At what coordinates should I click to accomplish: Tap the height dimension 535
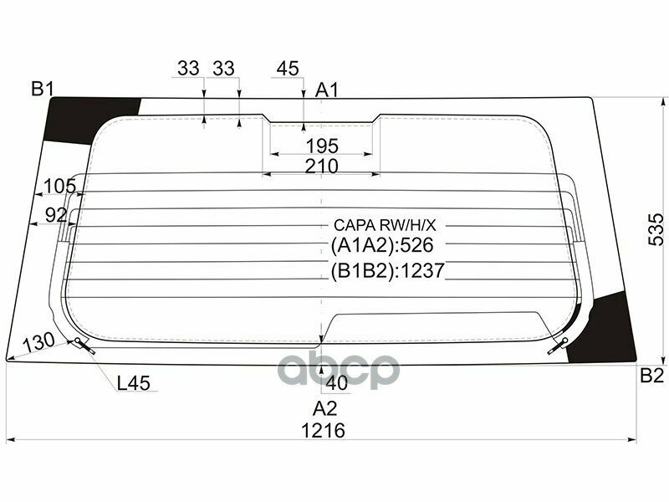(656, 228)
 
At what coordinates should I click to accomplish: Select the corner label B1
(43, 88)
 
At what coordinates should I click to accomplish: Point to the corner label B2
(651, 375)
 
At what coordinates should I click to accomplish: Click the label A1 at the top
(327, 90)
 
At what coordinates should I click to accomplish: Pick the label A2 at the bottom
(324, 408)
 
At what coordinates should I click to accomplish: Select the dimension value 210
(321, 166)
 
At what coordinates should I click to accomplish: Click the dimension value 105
(59, 186)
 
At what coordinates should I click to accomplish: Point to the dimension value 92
(56, 215)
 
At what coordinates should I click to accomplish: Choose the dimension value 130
(38, 341)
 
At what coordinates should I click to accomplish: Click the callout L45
(133, 383)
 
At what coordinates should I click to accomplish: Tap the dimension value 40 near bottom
(337, 383)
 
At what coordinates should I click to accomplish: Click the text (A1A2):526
(385, 245)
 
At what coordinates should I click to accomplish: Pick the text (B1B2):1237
(386, 270)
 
